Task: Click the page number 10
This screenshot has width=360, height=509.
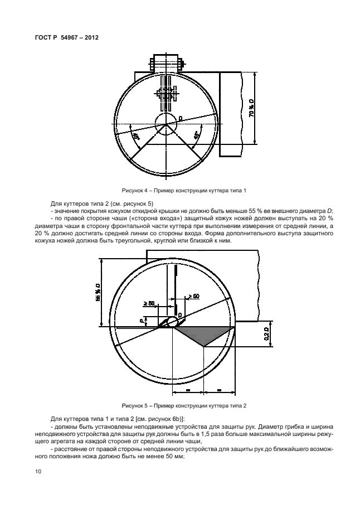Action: click(38, 472)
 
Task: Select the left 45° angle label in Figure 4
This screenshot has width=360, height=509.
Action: click(135, 135)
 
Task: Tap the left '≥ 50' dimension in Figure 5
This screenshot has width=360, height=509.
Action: click(149, 303)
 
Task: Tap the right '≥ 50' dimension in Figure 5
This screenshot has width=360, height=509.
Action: click(193, 296)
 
